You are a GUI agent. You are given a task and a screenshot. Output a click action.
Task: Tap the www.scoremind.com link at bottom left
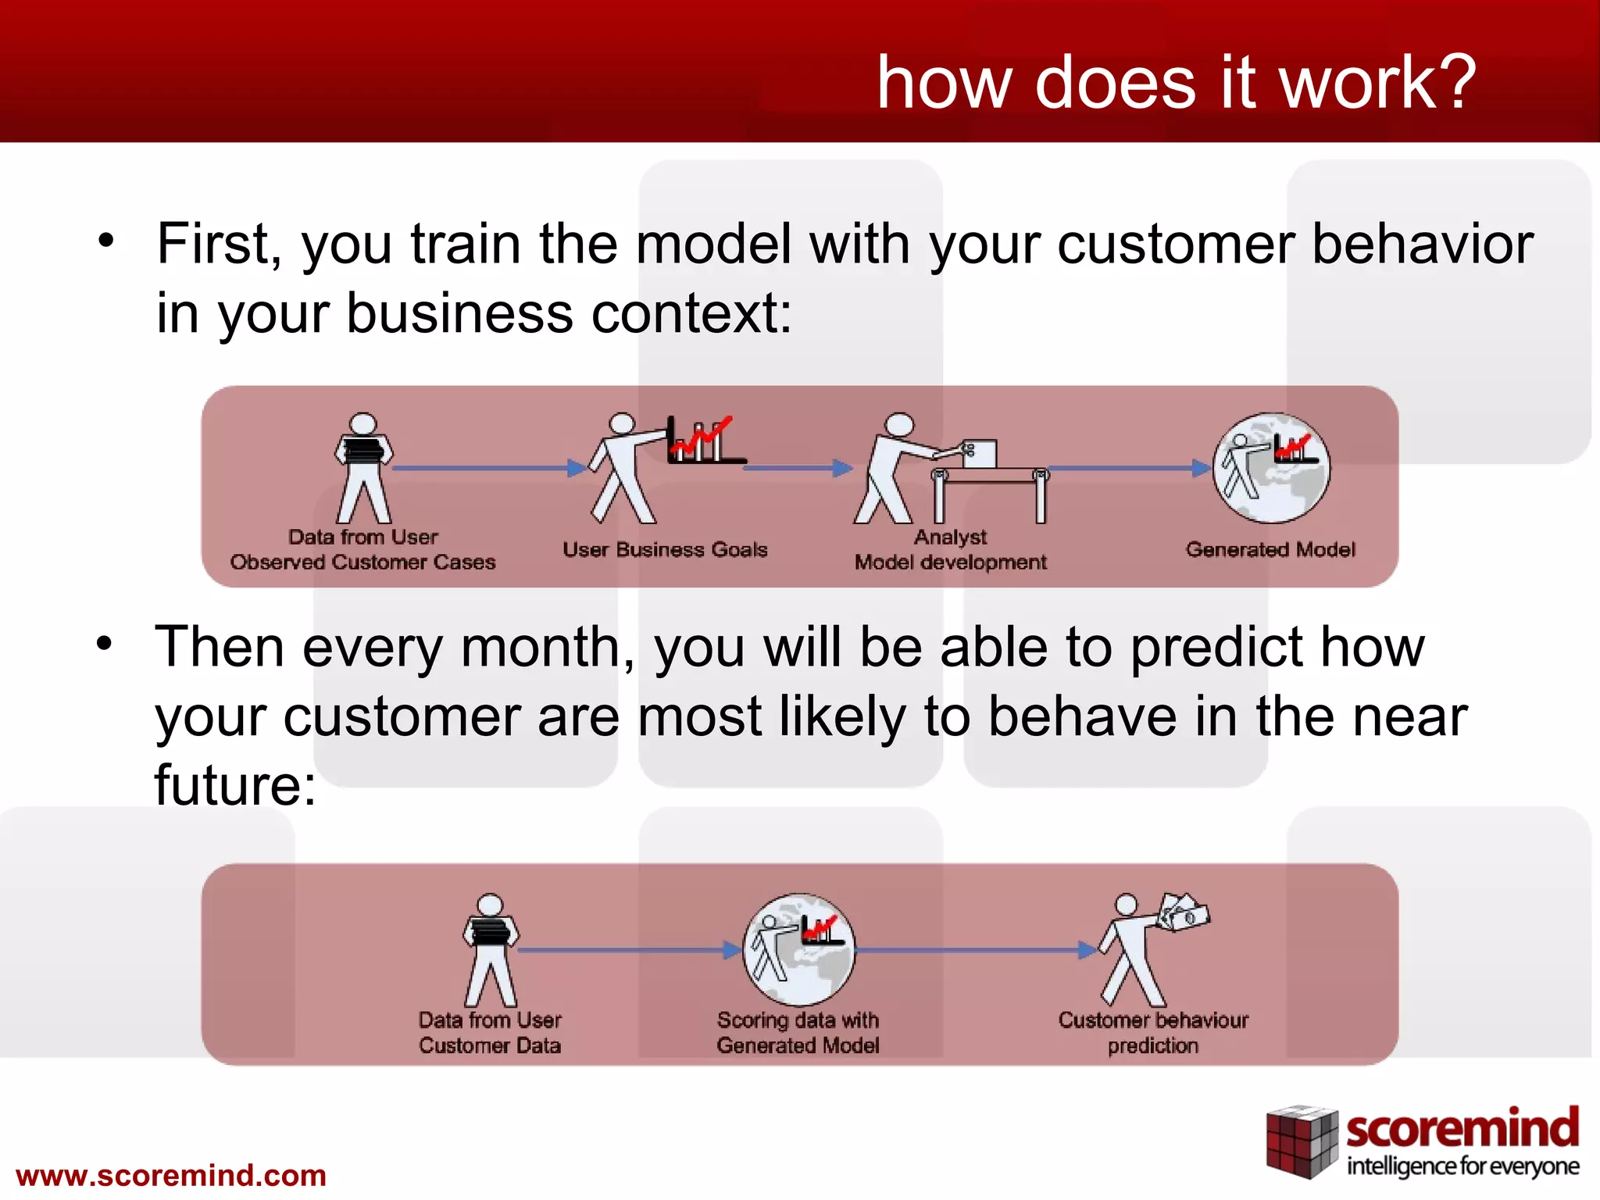click(x=171, y=1175)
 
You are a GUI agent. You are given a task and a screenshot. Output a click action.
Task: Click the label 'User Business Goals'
click(x=665, y=549)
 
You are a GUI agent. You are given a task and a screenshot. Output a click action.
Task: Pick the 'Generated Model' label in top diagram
click(x=1270, y=549)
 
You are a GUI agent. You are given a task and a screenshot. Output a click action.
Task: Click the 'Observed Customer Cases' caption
click(x=362, y=562)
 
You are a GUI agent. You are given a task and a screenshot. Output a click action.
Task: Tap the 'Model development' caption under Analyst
click(x=950, y=562)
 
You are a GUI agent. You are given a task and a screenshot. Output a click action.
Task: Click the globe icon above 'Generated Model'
click(x=1270, y=467)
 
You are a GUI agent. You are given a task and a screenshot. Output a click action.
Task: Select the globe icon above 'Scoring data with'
click(x=798, y=948)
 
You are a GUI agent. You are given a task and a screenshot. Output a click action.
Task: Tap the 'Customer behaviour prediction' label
click(x=1153, y=1032)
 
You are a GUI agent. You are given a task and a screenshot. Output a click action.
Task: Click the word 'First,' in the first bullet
click(x=219, y=245)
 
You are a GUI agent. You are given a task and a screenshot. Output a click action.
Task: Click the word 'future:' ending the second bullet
click(x=235, y=784)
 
